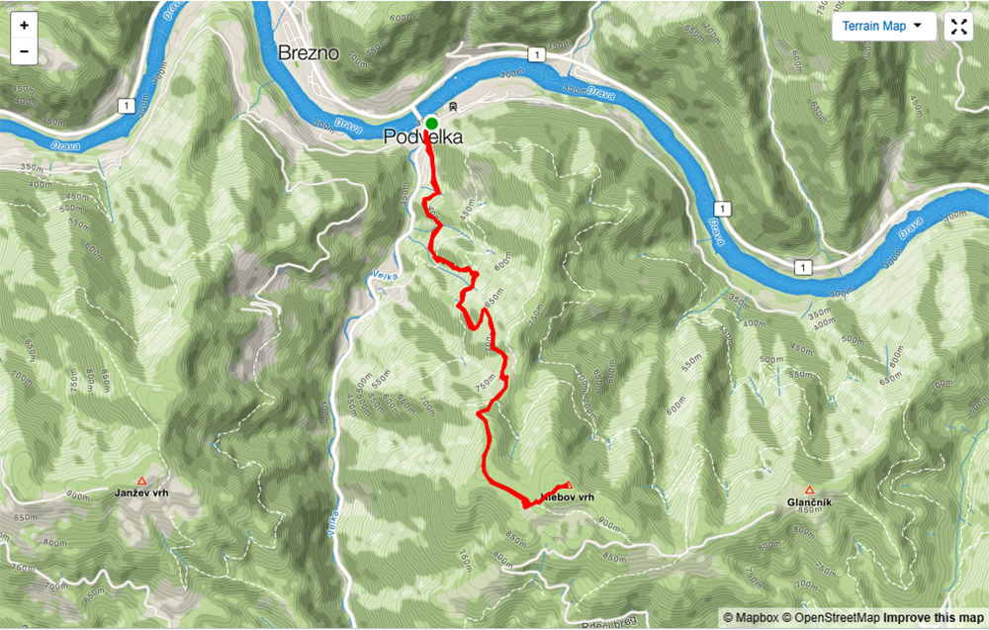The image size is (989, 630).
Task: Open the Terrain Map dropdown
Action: (882, 27)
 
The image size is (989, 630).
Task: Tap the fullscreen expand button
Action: (957, 27)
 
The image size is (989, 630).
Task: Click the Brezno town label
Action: (311, 52)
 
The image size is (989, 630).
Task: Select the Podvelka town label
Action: (423, 139)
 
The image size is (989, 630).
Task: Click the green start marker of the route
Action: (431, 123)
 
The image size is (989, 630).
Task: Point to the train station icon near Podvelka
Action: (452, 107)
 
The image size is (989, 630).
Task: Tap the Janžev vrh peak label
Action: (142, 494)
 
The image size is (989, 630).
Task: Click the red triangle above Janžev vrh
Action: (142, 480)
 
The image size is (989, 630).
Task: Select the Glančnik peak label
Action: (809, 503)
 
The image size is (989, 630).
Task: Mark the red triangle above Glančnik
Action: (809, 490)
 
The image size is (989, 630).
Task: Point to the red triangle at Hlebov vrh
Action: (567, 485)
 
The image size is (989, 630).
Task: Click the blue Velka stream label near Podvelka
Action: (385, 276)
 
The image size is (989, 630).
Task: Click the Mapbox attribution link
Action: (755, 617)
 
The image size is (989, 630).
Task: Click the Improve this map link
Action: (934, 617)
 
